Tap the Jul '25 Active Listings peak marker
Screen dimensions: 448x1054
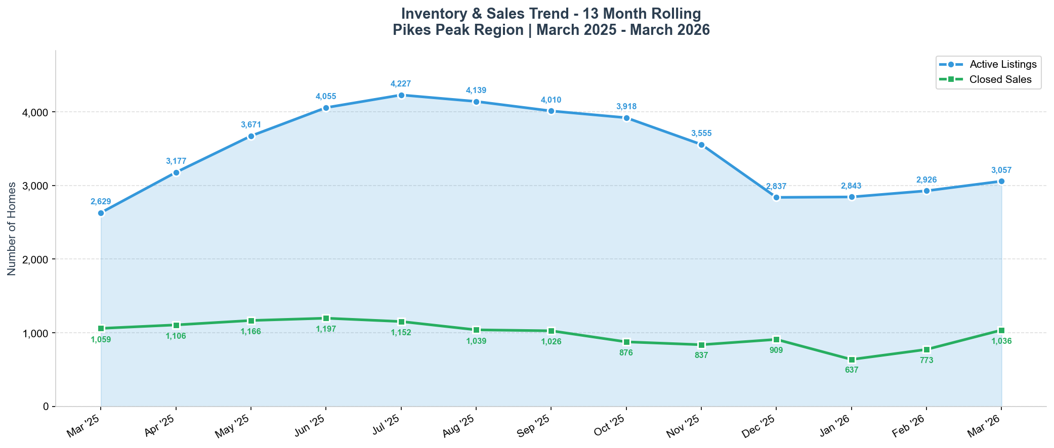tap(401, 95)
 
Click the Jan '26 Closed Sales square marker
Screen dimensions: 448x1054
tap(852, 360)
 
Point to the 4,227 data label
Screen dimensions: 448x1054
tap(401, 83)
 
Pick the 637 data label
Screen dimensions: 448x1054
tap(852, 370)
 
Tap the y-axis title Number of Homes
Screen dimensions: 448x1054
tap(12, 229)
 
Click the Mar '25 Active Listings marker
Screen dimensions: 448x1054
tap(101, 213)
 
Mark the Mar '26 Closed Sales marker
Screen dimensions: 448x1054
tap(1001, 330)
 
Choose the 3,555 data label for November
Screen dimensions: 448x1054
tap(701, 133)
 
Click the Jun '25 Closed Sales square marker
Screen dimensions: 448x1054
tap(326, 318)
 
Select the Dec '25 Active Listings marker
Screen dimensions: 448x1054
tap(776, 197)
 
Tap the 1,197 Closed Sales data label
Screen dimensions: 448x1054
tap(326, 329)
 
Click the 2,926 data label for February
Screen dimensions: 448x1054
tap(926, 180)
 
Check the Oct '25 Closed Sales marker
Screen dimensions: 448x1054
tap(626, 342)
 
